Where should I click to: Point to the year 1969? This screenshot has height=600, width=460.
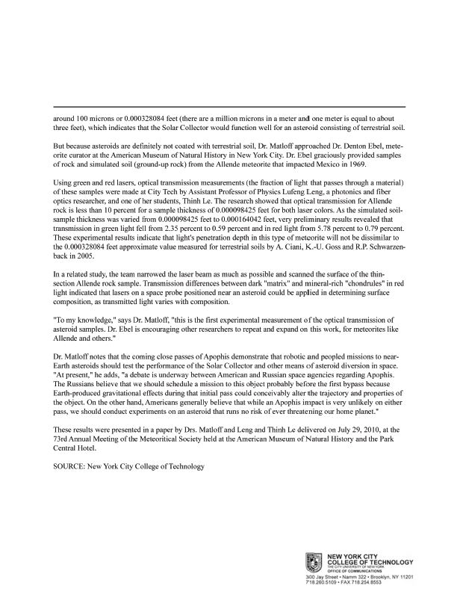375,164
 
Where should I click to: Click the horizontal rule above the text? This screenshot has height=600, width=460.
229,106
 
